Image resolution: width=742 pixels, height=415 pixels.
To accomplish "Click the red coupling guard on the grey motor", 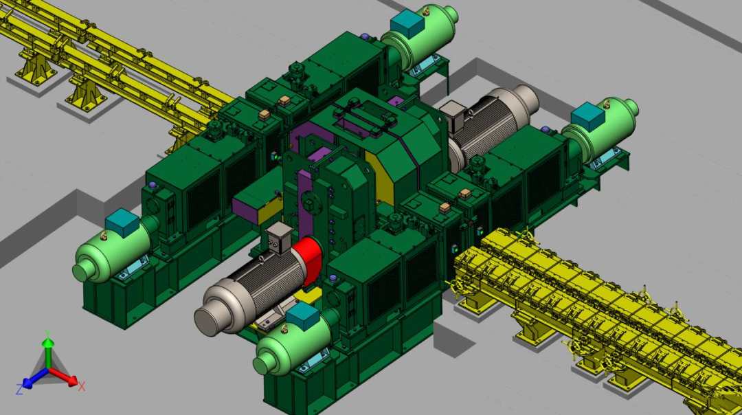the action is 308,260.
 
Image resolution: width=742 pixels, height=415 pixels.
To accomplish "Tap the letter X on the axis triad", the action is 81,387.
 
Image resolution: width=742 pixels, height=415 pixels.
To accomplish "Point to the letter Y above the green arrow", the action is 47,333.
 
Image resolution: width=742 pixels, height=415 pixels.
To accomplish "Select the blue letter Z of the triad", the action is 19,390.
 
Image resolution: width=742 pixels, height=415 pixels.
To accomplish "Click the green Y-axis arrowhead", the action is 48,343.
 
